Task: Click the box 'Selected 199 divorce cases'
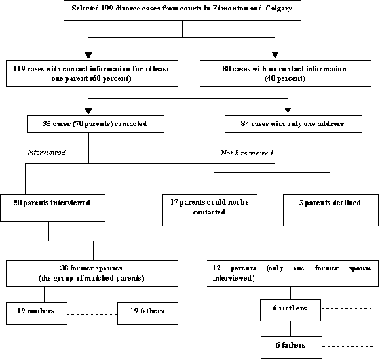[x=182, y=11]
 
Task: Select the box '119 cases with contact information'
[x=91, y=73]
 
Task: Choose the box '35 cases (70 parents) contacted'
[x=94, y=124]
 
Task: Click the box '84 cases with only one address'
[x=293, y=124]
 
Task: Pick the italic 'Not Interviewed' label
[x=246, y=152]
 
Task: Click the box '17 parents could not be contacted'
[x=210, y=209]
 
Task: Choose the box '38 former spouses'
[x=92, y=273]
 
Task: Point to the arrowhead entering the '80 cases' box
[x=276, y=55]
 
